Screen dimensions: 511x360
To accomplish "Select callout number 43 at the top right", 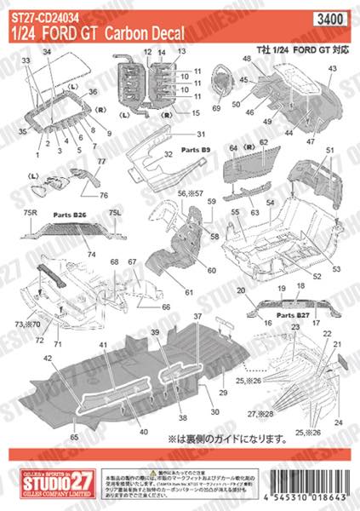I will pos(333,67).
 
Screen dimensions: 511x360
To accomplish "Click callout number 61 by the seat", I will pos(188,293).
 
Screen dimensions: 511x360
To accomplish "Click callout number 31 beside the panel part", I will pos(201,135).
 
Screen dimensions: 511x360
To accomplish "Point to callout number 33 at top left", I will pos(25,61).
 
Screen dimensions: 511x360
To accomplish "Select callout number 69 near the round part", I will pos(216,109).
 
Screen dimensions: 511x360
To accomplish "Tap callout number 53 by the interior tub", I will pos(335,269).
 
